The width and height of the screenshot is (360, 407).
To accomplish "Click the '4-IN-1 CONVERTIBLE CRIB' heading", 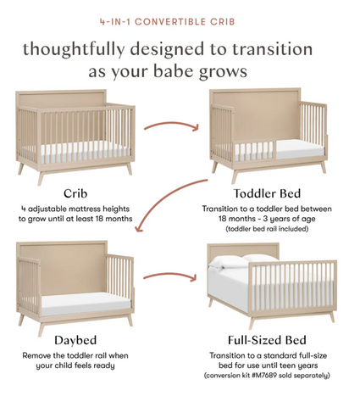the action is coord(168,22).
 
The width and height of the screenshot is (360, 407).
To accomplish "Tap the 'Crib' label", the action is coord(75,193).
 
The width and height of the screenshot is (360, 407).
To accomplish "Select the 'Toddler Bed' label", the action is coord(267,193).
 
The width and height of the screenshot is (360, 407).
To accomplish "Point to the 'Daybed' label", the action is coord(75,340).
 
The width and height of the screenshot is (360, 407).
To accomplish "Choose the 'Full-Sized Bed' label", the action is coord(267,340).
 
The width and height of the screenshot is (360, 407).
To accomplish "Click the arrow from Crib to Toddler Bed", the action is coord(171,124).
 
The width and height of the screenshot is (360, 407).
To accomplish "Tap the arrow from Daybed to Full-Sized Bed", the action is coord(169,275).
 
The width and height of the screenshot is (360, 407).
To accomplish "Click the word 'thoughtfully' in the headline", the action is coord(74,49).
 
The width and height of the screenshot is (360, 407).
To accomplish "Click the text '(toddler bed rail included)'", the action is coord(267,229).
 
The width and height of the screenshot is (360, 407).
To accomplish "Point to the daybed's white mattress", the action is coord(86,304).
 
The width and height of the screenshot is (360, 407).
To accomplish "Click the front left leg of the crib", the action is coord(41,178).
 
